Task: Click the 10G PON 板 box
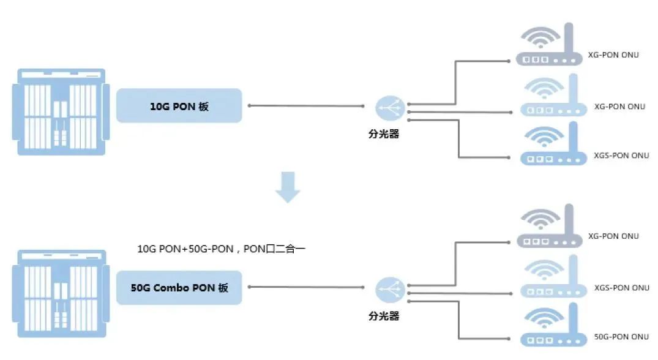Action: coord(179,106)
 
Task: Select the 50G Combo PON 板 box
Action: coord(179,287)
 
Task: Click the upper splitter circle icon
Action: coord(389,109)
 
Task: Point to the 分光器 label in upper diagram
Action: coord(384,134)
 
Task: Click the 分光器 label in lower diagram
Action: coord(384,316)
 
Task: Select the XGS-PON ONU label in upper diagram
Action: coord(622,156)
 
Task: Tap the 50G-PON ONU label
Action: coord(621,337)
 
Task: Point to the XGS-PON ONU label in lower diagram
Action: coord(622,288)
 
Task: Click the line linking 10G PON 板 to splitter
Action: coord(306,106)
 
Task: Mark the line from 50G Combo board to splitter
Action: coord(306,287)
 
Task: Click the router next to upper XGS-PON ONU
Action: coord(550,146)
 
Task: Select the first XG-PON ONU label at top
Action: coord(613,55)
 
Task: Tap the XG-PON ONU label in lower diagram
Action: coord(613,236)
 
